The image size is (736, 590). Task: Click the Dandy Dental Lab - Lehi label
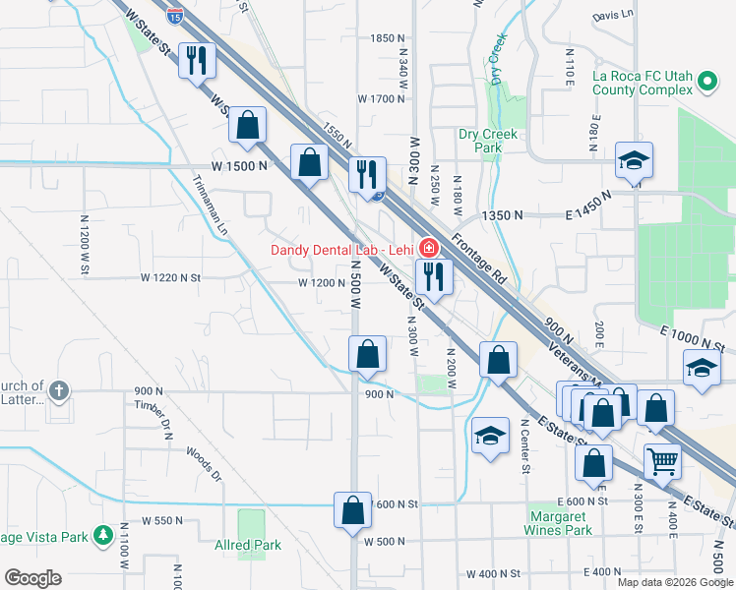(340, 249)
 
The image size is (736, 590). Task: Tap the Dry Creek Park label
(481, 141)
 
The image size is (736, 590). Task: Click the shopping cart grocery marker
(663, 460)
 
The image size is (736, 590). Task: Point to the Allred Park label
(248, 545)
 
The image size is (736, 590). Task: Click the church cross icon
(60, 391)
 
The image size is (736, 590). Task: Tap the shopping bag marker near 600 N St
(352, 511)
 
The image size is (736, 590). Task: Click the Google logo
(32, 578)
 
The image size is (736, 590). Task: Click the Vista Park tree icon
(103, 536)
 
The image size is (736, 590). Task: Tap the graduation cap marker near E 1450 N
(634, 162)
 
